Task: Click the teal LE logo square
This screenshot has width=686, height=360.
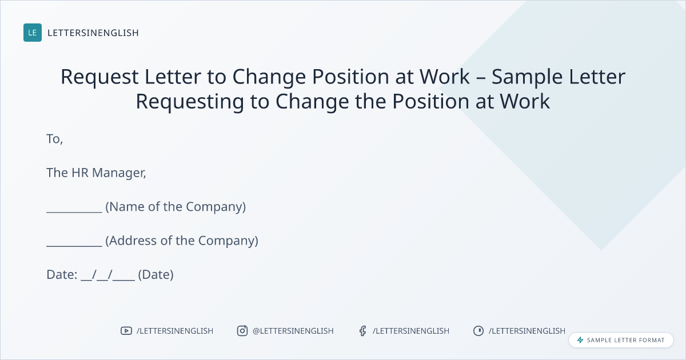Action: pos(33,33)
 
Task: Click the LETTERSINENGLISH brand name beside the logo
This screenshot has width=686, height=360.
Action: pos(93,33)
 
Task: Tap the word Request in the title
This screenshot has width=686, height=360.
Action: pos(99,77)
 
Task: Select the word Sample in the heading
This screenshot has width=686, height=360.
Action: pos(527,77)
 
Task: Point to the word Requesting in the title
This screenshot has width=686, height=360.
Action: pos(190,102)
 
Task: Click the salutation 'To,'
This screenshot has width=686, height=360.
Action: pos(54,139)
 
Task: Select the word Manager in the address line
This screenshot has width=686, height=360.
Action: pos(119,173)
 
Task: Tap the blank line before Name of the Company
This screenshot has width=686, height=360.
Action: pos(74,211)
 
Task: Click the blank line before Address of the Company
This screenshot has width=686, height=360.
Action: pos(74,246)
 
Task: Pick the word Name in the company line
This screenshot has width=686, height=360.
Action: pos(127,207)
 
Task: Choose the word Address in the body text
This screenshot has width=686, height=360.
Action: pos(131,241)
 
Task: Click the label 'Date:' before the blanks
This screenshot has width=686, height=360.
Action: pos(62,275)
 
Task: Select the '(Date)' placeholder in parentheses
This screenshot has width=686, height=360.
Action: pos(155,275)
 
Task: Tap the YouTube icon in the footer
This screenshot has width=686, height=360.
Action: pos(126,331)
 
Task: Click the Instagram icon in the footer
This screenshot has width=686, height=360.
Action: pos(242,331)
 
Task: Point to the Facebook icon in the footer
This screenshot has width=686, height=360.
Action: pos(362,331)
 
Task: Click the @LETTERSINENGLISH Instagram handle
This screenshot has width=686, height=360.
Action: pos(293,331)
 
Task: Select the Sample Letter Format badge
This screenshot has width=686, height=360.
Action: pos(621,340)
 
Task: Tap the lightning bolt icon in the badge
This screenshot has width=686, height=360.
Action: pos(580,340)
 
